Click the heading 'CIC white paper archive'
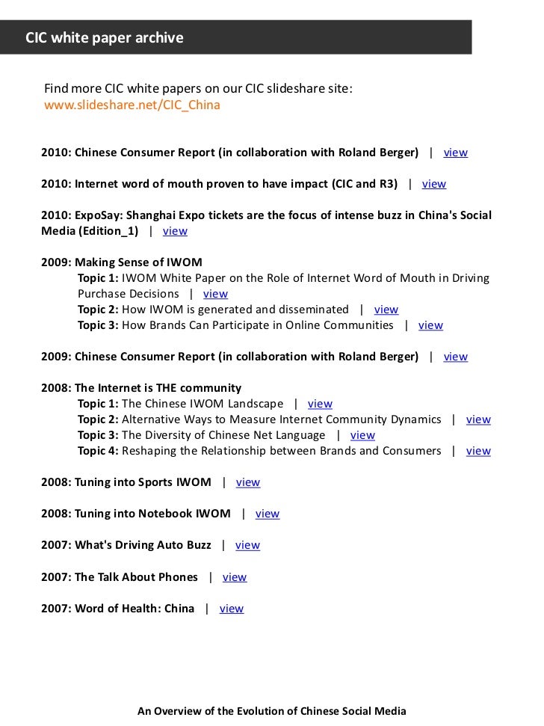(105, 37)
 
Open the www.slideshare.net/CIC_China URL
(132, 105)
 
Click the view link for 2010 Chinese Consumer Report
(455, 153)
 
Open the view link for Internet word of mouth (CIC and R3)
(433, 184)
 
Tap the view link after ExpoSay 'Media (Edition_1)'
(175, 231)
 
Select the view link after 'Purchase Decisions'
(215, 294)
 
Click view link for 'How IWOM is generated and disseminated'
(386, 310)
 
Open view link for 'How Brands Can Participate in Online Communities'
(430, 325)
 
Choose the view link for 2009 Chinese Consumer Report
(455, 357)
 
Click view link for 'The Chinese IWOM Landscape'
(320, 404)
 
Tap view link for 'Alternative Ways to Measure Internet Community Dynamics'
(478, 419)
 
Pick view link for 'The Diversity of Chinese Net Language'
(362, 435)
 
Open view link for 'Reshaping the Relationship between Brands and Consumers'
(478, 451)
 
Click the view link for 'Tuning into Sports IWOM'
(248, 482)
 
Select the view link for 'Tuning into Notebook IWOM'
(267, 514)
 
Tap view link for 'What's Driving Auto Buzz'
(247, 545)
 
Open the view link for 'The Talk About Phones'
(234, 577)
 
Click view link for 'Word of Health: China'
(231, 609)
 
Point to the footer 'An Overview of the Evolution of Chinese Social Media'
(271, 711)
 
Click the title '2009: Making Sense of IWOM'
(122, 262)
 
